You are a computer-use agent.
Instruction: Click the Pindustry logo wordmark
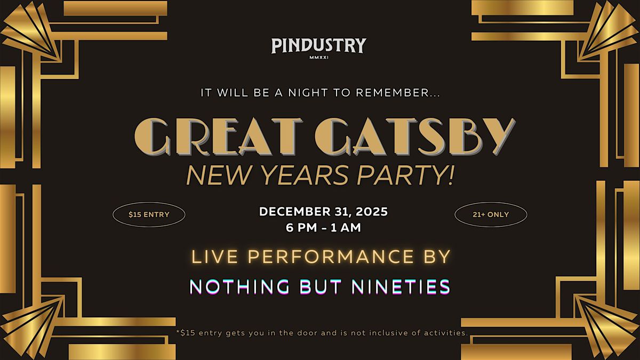click(318, 45)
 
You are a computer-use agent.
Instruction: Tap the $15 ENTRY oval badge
click(149, 215)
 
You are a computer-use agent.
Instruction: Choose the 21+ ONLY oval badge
click(491, 215)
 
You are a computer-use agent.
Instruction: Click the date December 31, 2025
click(323, 212)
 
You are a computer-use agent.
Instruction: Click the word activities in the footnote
click(444, 332)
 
